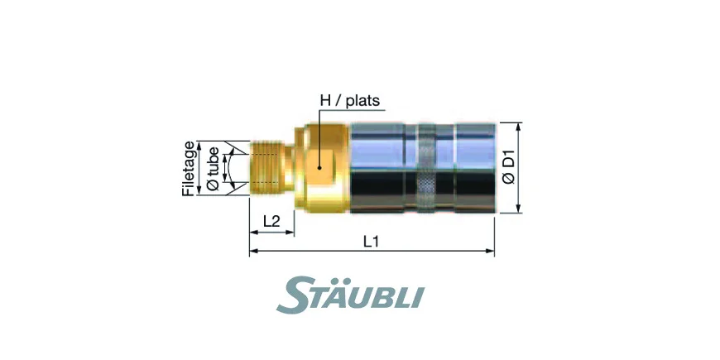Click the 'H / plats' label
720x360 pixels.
pyautogui.click(x=350, y=101)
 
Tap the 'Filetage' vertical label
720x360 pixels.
pyautogui.click(x=189, y=168)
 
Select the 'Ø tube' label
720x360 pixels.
pyautogui.click(x=213, y=168)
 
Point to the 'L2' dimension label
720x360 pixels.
pyautogui.click(x=271, y=221)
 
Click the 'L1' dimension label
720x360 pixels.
pyautogui.click(x=371, y=241)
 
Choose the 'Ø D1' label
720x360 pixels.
pyautogui.click(x=508, y=167)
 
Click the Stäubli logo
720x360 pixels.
pyautogui.click(x=350, y=295)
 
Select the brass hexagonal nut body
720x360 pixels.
pyautogui.click(x=322, y=168)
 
